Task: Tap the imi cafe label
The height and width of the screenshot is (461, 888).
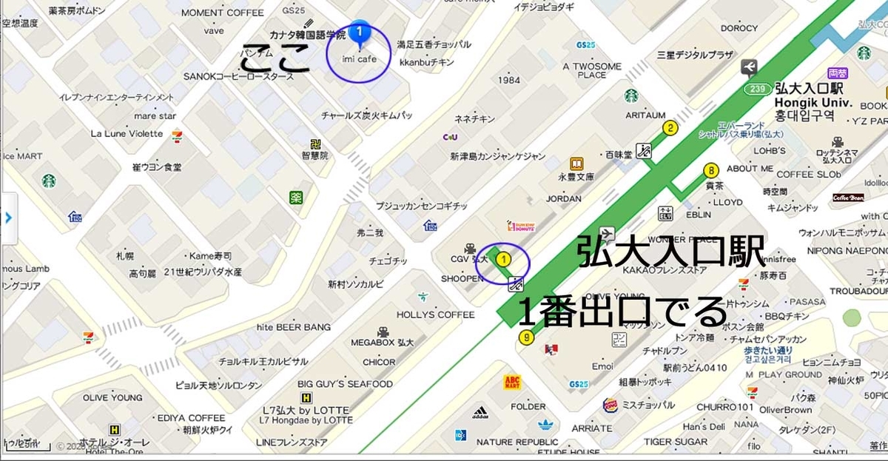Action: [360, 58]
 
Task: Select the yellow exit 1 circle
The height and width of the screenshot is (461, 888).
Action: [503, 259]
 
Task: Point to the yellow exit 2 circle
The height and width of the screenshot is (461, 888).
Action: [670, 128]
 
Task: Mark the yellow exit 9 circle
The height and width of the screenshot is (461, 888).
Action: [526, 338]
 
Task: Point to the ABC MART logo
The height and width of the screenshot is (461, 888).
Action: [512, 382]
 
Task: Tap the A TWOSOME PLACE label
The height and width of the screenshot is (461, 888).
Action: [592, 70]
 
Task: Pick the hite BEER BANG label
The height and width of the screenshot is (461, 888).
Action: [294, 326]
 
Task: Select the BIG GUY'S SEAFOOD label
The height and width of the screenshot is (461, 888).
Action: [345, 384]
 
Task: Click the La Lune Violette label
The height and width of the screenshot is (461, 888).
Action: [127, 133]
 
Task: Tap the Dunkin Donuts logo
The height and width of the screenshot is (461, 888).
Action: [520, 226]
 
